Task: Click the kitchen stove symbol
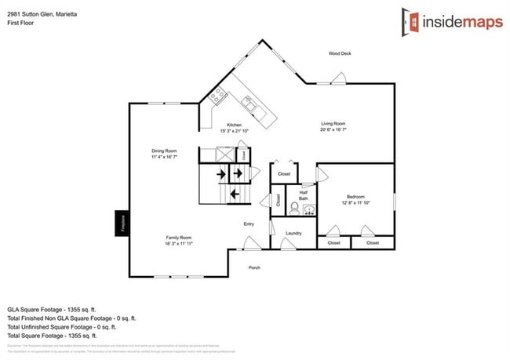pyautogui.click(x=217, y=98)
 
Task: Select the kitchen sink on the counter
pyautogui.click(x=249, y=101)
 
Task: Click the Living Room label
pyautogui.click(x=333, y=124)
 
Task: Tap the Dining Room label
pyautogui.click(x=165, y=151)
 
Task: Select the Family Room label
pyautogui.click(x=178, y=238)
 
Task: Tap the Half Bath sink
pyautogui.click(x=309, y=209)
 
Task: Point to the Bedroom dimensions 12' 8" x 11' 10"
pyautogui.click(x=355, y=203)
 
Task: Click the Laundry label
pyautogui.click(x=293, y=233)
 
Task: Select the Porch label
pyautogui.click(x=254, y=267)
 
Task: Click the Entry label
pyautogui.click(x=249, y=224)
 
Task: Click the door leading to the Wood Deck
pyautogui.click(x=338, y=79)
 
